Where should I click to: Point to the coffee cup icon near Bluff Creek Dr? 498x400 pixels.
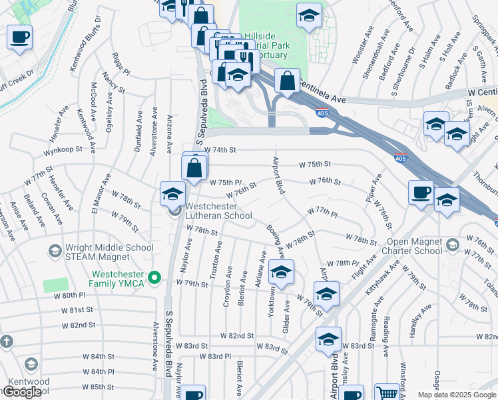(19, 37)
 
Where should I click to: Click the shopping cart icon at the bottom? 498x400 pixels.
(386, 393)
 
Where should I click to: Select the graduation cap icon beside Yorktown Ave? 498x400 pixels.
(281, 272)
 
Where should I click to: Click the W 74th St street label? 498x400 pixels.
(220, 150)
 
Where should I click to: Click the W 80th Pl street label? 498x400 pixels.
(70, 295)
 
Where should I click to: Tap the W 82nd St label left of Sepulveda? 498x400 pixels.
(79, 325)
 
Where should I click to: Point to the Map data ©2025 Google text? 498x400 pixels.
(457, 395)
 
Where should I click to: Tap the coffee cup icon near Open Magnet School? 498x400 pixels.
(421, 192)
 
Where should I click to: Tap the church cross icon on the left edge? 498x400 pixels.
(6, 342)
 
